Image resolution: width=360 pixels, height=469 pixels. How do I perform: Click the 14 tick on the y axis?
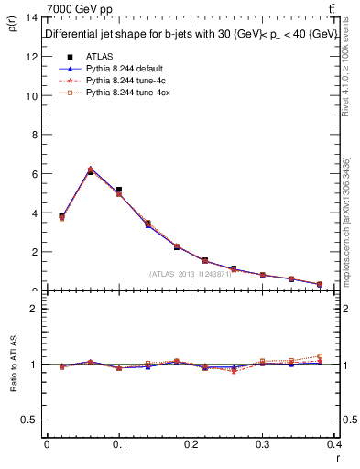pos(31,17)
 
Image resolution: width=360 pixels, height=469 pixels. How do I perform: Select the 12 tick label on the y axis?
pos(31,57)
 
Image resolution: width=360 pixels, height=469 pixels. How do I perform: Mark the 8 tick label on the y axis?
pos(34,135)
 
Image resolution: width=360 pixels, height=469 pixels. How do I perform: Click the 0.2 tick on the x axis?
pos(191,444)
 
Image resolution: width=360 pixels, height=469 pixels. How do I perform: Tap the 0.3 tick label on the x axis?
pos(263,444)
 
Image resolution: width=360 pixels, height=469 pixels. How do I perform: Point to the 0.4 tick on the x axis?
pos(334,444)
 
